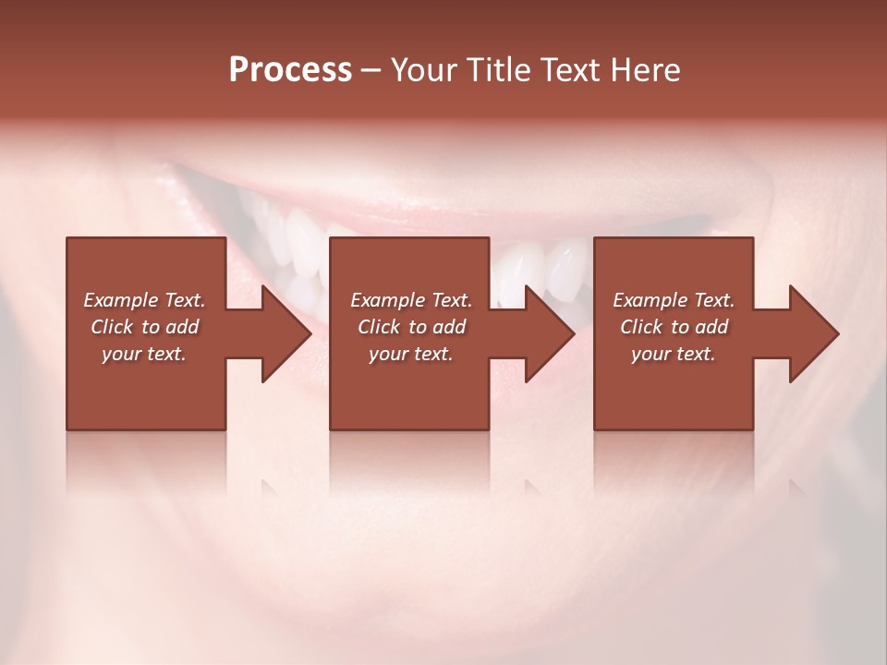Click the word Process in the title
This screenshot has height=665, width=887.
click(x=290, y=69)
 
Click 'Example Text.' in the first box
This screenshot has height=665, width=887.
click(x=144, y=300)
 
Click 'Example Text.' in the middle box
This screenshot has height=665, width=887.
click(x=411, y=300)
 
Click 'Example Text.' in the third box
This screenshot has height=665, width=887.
click(x=674, y=300)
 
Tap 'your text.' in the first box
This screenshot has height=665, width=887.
click(x=144, y=354)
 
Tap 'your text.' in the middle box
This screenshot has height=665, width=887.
click(x=411, y=354)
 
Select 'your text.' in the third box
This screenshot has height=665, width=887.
click(x=674, y=354)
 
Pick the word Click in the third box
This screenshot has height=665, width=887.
click(x=641, y=327)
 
